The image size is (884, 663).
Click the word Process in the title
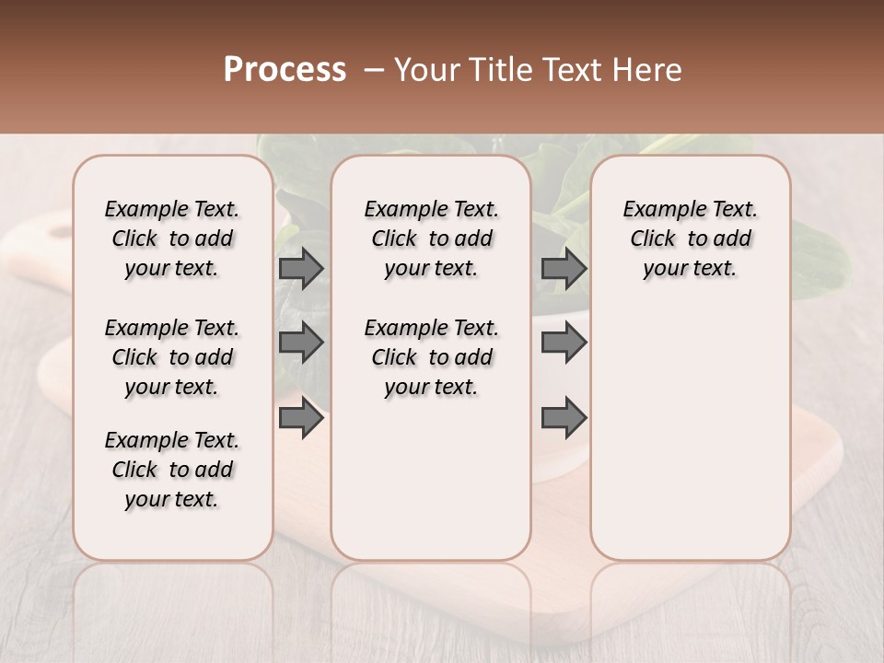click(x=285, y=70)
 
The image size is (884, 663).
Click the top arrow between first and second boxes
click(x=301, y=268)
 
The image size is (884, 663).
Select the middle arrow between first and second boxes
click(x=301, y=343)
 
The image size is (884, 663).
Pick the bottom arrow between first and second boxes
click(x=301, y=418)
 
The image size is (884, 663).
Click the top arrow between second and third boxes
click(x=564, y=268)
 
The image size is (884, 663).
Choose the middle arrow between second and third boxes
click(x=564, y=343)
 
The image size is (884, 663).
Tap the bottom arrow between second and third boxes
click(x=564, y=418)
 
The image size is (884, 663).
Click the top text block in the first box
click(x=172, y=238)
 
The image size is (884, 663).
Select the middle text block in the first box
click(x=172, y=357)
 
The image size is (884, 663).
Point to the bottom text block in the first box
click(x=172, y=470)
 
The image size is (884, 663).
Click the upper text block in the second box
click(x=432, y=238)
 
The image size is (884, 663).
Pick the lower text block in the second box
click(x=432, y=357)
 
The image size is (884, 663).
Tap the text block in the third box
click(x=691, y=238)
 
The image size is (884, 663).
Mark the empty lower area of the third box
click(x=691, y=433)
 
